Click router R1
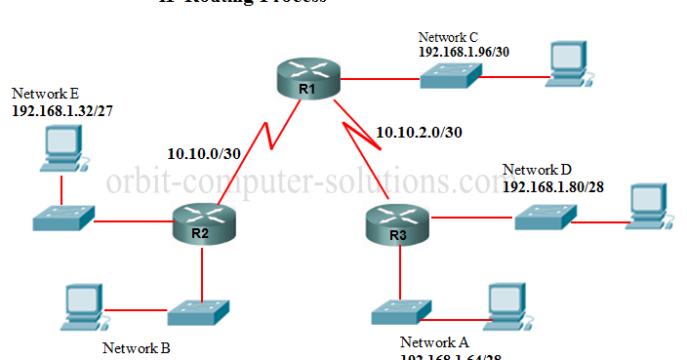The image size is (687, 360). click(x=307, y=79)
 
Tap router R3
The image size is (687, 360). click(x=398, y=226)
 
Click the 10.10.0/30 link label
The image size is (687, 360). click(x=203, y=152)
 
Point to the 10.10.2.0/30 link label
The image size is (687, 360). click(x=420, y=132)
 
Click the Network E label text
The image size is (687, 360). click(x=45, y=93)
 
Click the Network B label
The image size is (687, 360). click(x=137, y=347)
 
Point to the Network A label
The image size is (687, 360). click(x=434, y=342)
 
